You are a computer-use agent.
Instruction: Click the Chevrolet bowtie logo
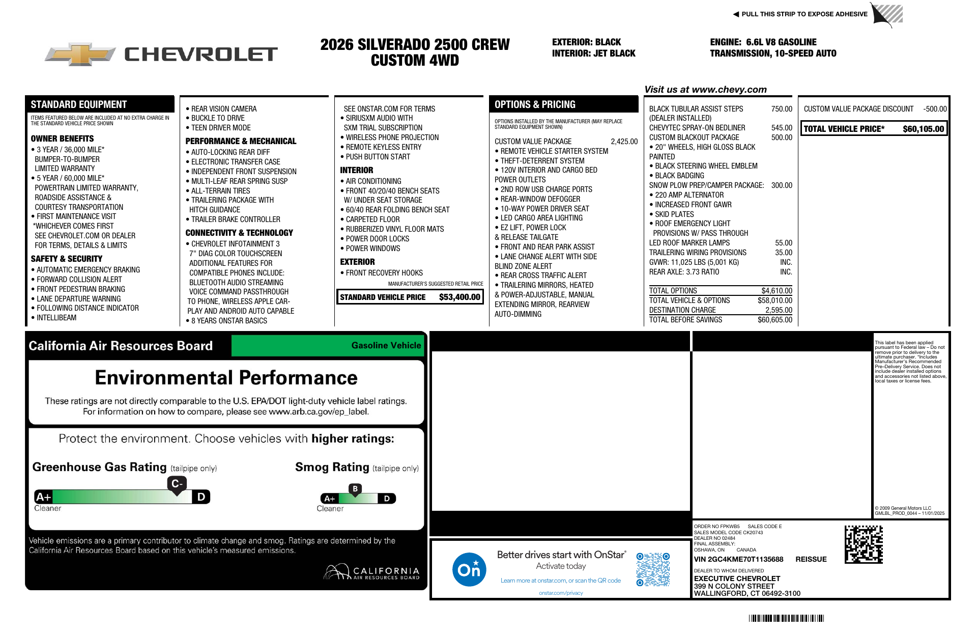click(x=80, y=54)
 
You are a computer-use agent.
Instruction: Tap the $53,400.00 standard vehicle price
click(x=459, y=297)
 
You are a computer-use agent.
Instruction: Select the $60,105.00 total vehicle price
click(x=923, y=129)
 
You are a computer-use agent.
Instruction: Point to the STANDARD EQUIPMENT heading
click(x=78, y=105)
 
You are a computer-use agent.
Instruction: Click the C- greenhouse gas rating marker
click(x=176, y=484)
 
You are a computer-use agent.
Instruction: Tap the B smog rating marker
click(x=355, y=489)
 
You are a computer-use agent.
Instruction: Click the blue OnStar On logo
click(x=469, y=569)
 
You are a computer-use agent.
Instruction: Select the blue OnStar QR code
click(x=653, y=569)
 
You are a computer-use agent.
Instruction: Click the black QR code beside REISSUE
click(x=864, y=544)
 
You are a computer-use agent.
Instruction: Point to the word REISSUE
click(x=811, y=559)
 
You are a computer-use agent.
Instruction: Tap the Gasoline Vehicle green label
click(x=386, y=346)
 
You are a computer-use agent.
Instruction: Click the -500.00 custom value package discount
click(x=935, y=109)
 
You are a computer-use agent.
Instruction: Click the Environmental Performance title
click(x=226, y=378)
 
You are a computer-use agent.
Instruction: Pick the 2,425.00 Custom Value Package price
click(x=624, y=142)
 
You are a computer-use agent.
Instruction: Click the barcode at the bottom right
click(x=786, y=618)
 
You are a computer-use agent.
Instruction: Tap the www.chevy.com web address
click(x=729, y=90)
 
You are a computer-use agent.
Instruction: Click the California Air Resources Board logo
click(x=371, y=572)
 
